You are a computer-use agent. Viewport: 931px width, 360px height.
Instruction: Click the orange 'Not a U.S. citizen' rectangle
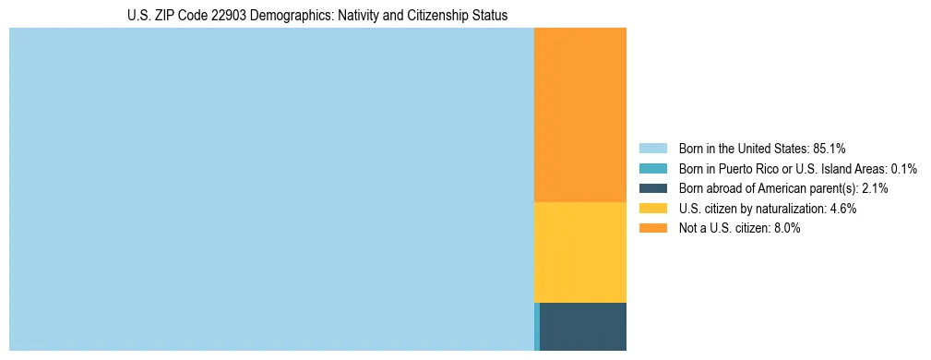579,114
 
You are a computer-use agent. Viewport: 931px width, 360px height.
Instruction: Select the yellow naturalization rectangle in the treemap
579,251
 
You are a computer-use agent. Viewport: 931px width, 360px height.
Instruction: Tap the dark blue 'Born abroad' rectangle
583,326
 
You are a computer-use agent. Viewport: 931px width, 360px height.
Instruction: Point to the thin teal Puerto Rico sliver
536,326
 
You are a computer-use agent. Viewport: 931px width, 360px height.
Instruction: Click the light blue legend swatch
652,148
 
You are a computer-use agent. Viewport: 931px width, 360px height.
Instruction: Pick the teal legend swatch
652,168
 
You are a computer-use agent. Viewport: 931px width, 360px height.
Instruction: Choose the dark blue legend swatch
652,188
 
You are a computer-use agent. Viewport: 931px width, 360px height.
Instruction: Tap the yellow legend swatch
652,209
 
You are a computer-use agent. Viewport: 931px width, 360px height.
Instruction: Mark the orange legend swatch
652,228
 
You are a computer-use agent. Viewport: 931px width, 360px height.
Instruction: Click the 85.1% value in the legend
830,148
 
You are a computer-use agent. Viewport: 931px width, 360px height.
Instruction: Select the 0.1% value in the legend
903,168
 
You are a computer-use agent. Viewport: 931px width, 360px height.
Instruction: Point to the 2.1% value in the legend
875,188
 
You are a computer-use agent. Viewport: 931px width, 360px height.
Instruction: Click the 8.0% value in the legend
785,228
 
